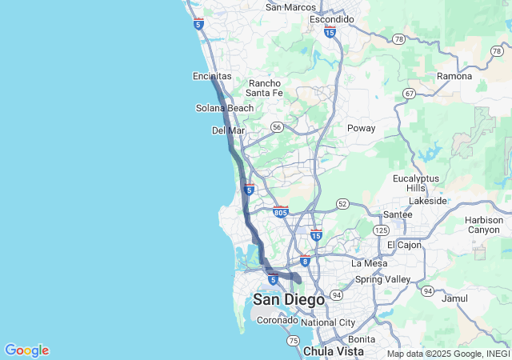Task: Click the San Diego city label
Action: (x=289, y=300)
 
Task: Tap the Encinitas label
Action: (x=212, y=76)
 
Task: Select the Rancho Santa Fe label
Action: (x=265, y=88)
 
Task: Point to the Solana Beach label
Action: (x=225, y=108)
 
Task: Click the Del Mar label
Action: (x=228, y=130)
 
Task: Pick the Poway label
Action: (x=361, y=128)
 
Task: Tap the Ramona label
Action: (x=454, y=76)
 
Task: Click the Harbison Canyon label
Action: (x=484, y=225)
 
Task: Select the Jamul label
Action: (x=454, y=298)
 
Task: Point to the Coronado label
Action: (x=277, y=320)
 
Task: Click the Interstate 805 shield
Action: (x=280, y=212)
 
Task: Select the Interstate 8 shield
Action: (x=305, y=261)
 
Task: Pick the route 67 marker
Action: (x=409, y=94)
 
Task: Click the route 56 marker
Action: (x=276, y=126)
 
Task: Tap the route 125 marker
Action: (x=380, y=230)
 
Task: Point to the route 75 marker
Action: (x=293, y=341)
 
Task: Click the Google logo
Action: (x=26, y=350)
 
